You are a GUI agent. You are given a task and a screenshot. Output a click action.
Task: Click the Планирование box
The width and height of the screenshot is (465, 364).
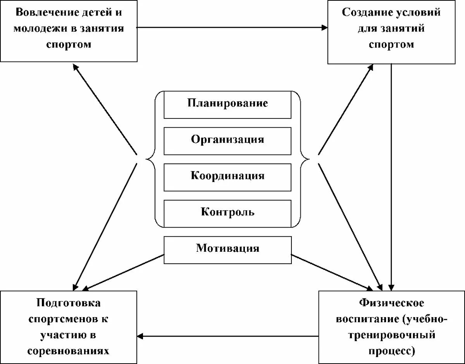[227, 104]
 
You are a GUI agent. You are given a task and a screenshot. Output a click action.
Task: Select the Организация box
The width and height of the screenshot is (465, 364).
[227, 140]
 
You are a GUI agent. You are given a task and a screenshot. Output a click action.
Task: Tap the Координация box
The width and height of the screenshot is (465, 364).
[227, 176]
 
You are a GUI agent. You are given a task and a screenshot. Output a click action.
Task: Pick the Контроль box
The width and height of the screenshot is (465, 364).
[227, 213]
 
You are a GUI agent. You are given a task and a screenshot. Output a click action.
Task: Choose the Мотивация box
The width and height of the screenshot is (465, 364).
[227, 248]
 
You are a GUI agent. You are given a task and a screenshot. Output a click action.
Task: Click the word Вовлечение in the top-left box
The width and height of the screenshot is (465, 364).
[41, 12]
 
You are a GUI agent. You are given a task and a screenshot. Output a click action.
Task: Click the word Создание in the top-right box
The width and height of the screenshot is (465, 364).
[366, 12]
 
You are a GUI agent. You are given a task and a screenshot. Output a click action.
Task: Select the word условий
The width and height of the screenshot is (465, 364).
[420, 12]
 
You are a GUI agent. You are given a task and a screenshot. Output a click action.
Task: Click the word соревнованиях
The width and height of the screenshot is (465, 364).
[69, 351]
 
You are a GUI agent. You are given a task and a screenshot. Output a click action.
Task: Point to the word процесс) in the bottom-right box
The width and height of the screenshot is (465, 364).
[391, 351]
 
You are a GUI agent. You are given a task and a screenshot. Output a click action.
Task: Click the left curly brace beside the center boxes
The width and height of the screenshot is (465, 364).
[152, 159]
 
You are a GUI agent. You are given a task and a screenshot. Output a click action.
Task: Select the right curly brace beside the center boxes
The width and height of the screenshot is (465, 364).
[303, 159]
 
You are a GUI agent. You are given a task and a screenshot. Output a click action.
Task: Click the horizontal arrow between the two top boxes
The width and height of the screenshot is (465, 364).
[232, 27]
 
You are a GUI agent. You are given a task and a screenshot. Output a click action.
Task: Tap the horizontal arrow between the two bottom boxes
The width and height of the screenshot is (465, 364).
[229, 335]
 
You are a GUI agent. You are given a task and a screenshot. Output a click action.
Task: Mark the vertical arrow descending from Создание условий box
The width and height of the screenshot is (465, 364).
[391, 174]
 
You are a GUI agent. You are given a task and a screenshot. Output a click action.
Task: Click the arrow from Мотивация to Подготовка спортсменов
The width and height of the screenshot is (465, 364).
[124, 271]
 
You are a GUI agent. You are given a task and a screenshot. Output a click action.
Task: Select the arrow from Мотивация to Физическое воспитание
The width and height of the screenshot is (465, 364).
[333, 271]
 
